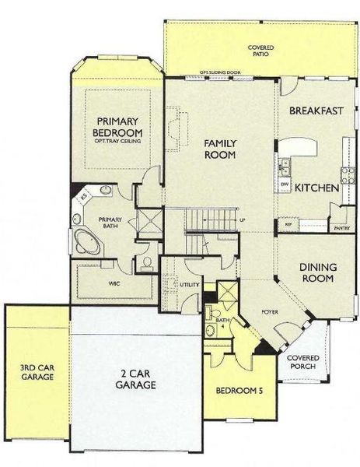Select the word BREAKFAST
click(316, 111)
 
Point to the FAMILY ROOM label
click(220, 149)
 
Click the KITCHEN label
click(315, 188)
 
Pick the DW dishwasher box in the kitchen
click(285, 185)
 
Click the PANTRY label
click(339, 230)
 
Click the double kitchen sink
click(285, 166)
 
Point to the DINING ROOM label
click(317, 272)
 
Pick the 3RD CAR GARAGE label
click(37, 372)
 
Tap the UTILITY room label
click(190, 286)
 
